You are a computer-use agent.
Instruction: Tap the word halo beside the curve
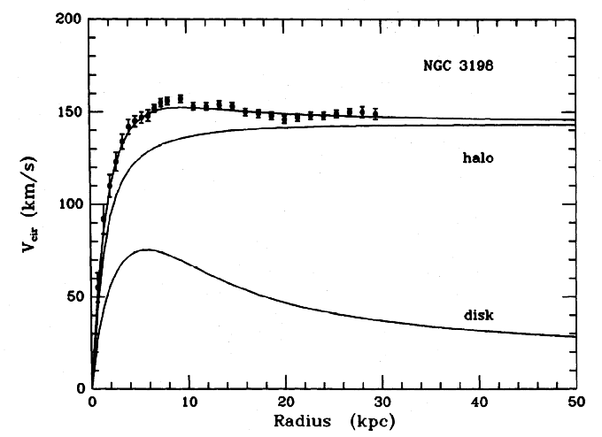tap(477, 158)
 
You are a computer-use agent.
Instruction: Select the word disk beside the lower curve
tap(477, 315)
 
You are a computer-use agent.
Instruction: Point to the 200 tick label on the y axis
tap(69, 19)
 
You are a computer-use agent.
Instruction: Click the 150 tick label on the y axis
tap(69, 112)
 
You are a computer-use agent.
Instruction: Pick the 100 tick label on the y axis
tap(69, 204)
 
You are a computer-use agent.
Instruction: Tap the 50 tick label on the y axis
tap(73, 296)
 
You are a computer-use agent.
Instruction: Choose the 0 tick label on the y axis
tap(78, 388)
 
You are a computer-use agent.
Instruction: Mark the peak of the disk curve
tap(146, 249)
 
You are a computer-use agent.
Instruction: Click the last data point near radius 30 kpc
tap(375, 113)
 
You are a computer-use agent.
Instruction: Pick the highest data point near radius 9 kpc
tap(181, 98)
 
